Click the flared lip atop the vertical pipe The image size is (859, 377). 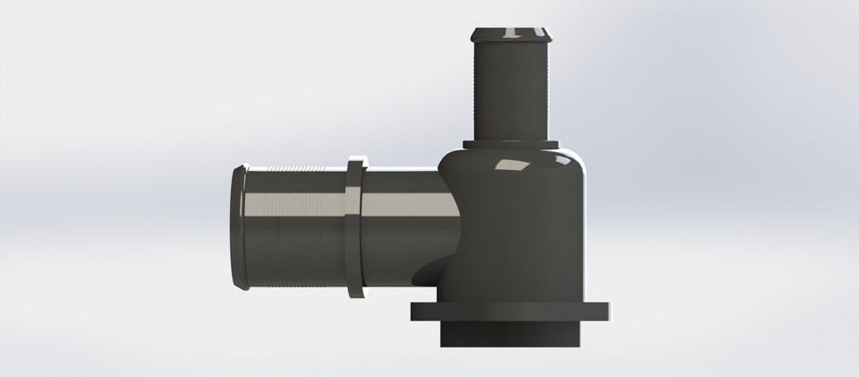tap(511, 36)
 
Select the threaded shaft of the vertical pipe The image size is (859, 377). tap(511, 90)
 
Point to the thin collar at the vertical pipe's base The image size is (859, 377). tap(511, 144)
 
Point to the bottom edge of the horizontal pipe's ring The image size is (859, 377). tap(355, 293)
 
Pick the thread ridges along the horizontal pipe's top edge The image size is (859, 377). tap(295, 170)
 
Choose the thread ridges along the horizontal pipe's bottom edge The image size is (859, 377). tap(295, 285)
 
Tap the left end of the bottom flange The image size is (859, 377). tap(417, 311)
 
